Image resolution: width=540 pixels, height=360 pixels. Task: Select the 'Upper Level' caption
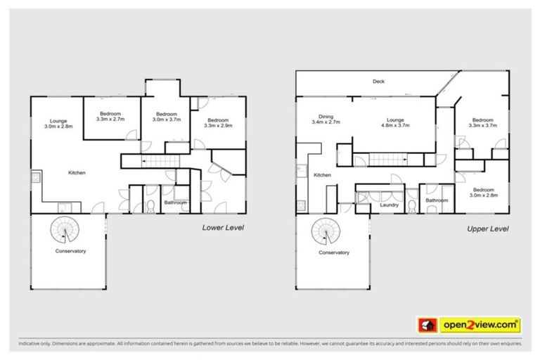(488, 229)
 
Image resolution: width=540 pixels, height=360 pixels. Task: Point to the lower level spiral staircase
(65, 229)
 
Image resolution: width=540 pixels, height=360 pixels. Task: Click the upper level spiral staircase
(328, 230)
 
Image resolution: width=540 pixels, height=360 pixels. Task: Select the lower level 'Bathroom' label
(175, 203)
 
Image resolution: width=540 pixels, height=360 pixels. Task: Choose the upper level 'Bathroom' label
(436, 201)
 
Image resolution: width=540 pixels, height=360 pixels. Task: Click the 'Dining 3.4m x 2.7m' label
(326, 120)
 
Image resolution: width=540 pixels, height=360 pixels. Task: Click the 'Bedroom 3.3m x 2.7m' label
(110, 117)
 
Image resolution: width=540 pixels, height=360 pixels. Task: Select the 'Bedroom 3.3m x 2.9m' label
(218, 122)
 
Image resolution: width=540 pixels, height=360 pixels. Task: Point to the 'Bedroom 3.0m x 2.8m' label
(482, 193)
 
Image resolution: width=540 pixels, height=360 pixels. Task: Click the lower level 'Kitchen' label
(77, 173)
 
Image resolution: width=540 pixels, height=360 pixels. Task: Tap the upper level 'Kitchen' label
(322, 175)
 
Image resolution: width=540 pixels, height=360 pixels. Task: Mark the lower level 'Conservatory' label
(70, 251)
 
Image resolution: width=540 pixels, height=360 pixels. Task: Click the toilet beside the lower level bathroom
(150, 205)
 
